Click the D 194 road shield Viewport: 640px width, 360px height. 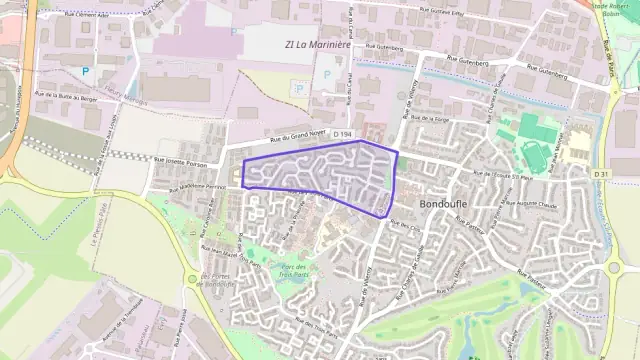tap(344, 134)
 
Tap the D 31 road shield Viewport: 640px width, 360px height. tap(600, 174)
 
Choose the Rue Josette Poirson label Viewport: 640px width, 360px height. tap(181, 160)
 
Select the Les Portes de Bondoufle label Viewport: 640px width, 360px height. tap(217, 279)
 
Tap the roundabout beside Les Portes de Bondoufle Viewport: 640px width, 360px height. tap(192, 281)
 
